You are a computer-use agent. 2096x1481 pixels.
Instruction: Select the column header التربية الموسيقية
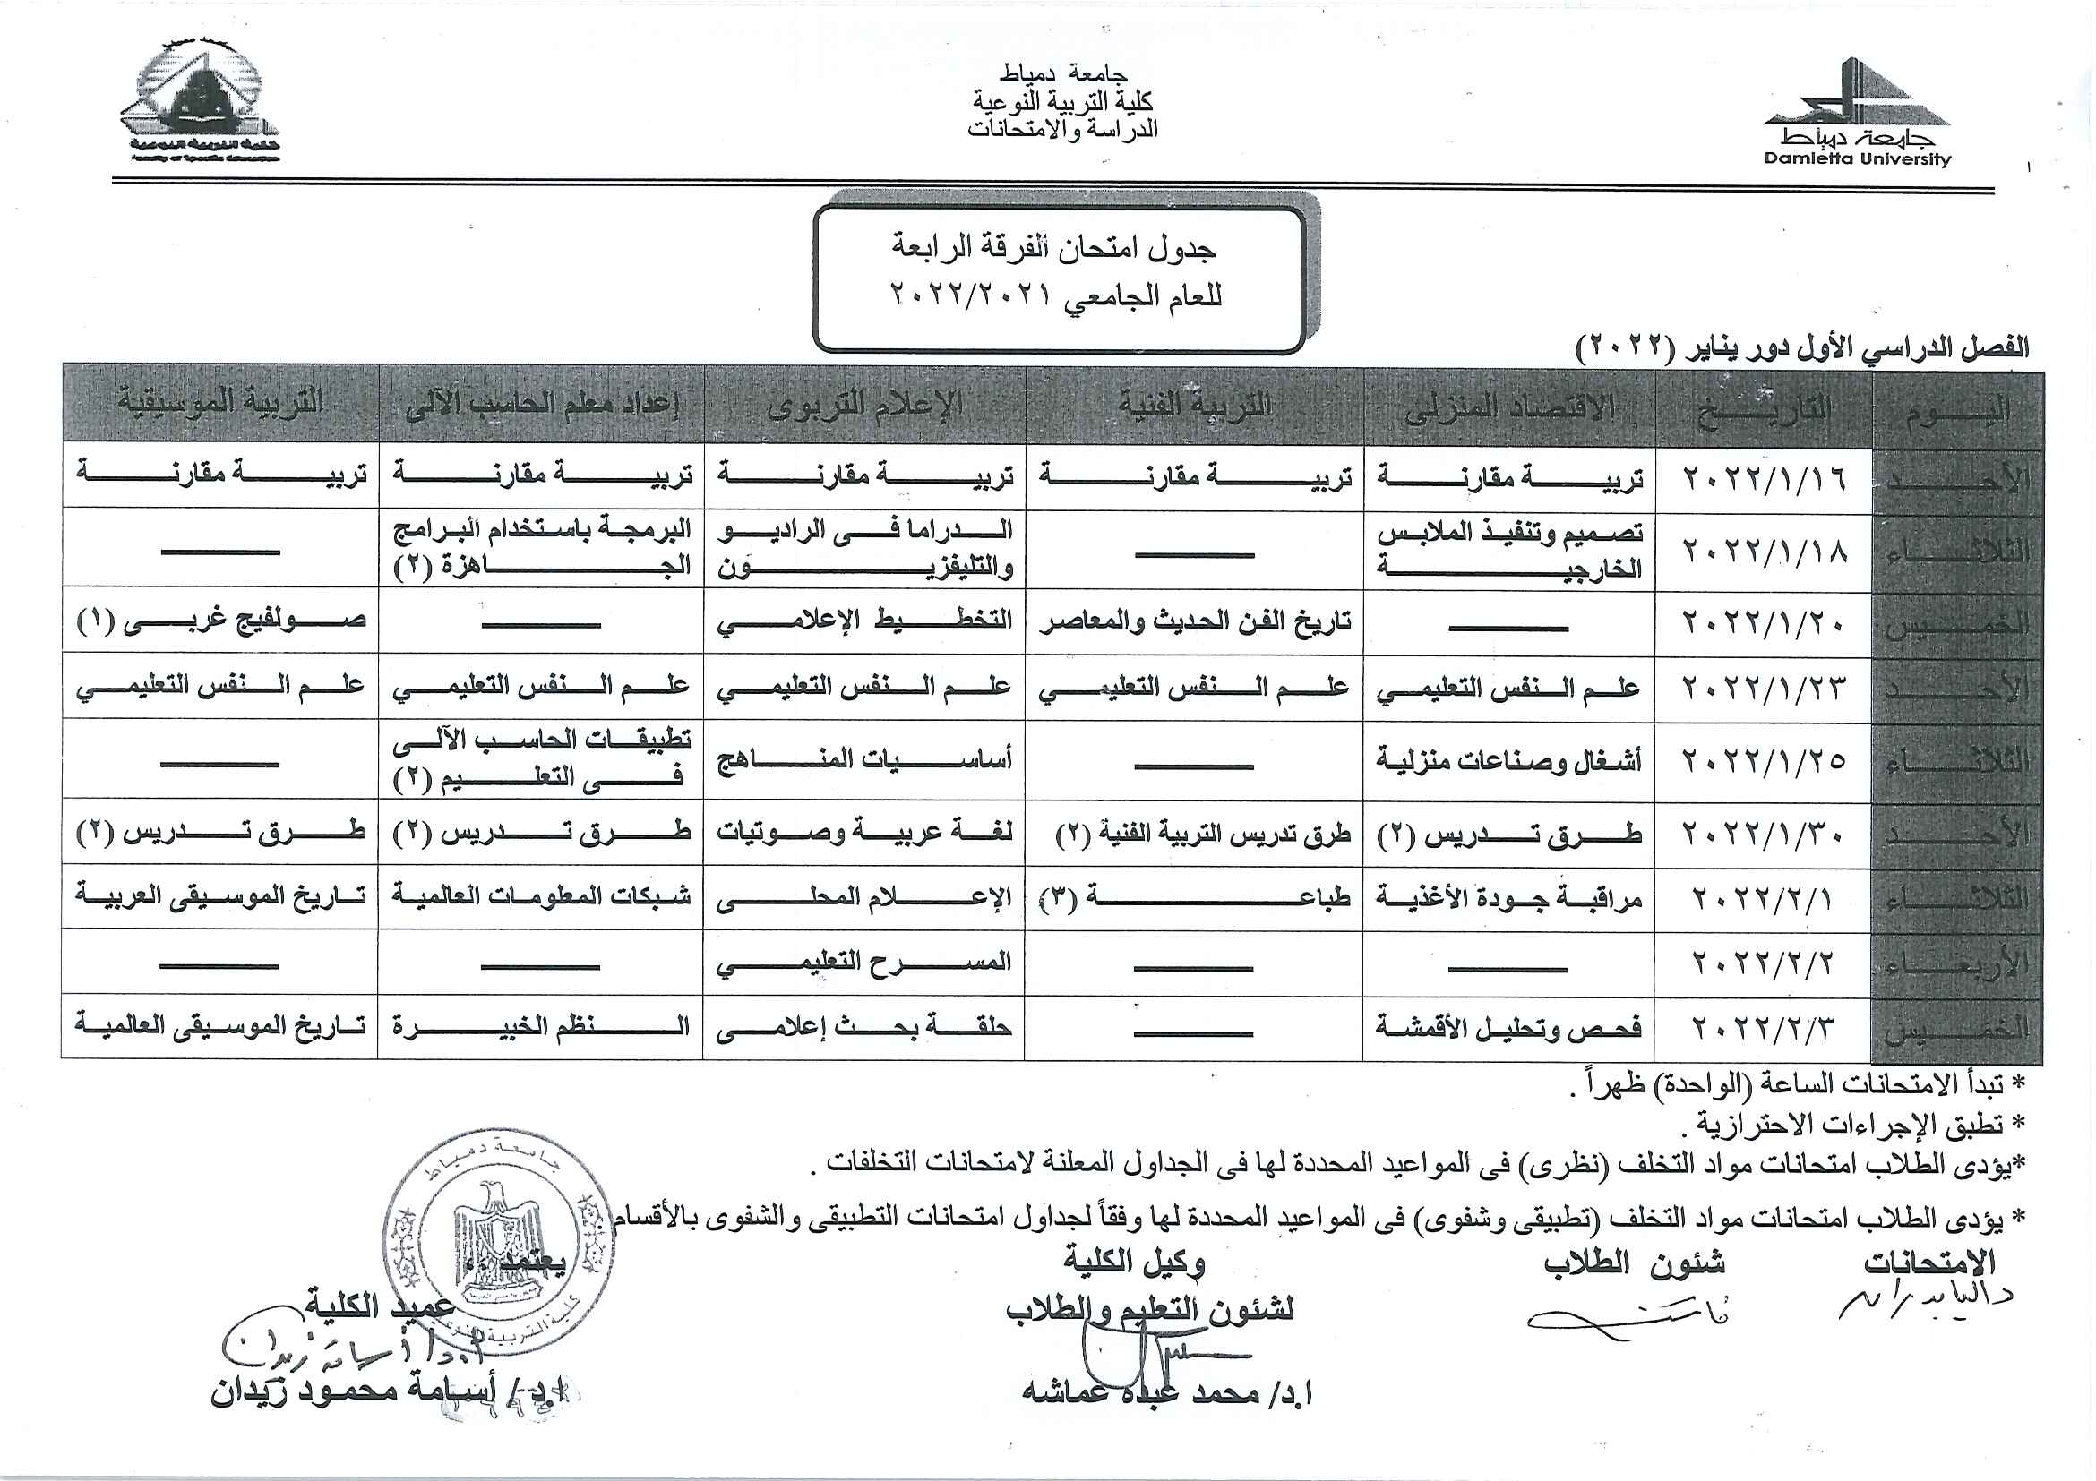click(220, 402)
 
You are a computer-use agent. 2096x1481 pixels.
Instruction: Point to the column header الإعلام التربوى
click(864, 404)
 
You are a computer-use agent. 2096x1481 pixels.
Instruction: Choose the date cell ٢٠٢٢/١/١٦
click(1764, 477)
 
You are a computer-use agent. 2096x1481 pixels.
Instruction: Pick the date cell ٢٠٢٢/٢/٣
click(1764, 1028)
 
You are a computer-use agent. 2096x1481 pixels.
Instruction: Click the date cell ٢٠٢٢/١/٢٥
click(1764, 760)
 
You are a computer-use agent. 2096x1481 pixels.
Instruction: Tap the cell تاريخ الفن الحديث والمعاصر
click(1195, 622)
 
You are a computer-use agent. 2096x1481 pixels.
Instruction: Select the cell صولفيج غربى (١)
click(221, 621)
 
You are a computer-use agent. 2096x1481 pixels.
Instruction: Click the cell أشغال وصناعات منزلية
click(1509, 760)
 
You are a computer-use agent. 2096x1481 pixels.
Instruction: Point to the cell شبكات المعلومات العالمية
click(541, 896)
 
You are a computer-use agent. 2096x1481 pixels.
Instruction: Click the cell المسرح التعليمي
click(863, 962)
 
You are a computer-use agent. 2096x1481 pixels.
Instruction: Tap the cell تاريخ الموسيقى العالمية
click(221, 1025)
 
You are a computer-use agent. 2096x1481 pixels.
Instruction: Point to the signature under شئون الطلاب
click(1625, 1320)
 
